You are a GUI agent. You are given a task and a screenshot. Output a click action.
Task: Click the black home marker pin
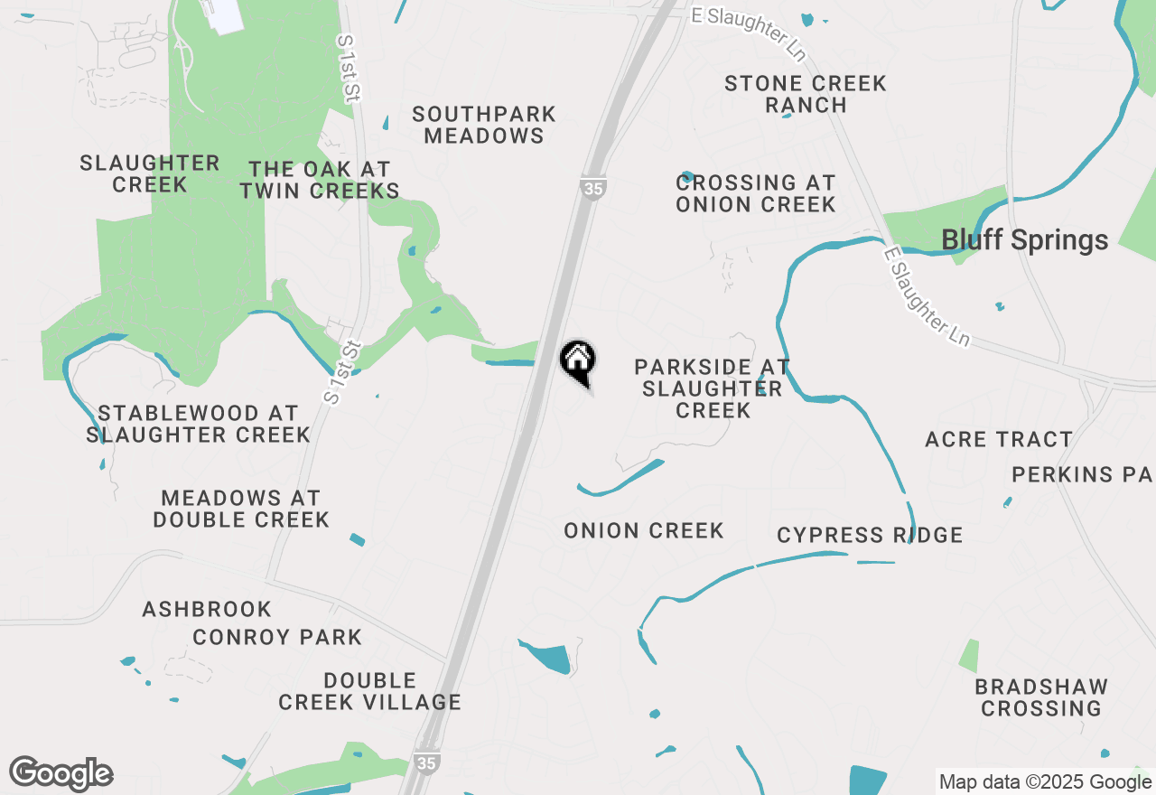click(x=578, y=361)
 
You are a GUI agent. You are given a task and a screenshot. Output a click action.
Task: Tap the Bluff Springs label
click(x=1024, y=240)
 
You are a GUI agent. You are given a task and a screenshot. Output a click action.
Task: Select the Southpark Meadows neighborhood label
click(x=484, y=126)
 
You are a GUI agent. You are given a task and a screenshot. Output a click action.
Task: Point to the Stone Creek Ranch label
click(x=806, y=94)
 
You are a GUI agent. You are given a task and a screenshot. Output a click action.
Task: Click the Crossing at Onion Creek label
click(x=756, y=193)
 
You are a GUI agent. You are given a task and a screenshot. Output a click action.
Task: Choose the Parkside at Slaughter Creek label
click(x=713, y=388)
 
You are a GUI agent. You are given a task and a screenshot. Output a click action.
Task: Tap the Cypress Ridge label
click(x=870, y=535)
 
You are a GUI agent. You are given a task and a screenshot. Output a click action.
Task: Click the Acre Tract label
click(x=999, y=440)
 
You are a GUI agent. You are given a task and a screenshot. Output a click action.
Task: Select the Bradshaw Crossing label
click(x=1041, y=697)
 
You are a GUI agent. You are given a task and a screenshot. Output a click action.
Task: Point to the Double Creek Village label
click(x=369, y=691)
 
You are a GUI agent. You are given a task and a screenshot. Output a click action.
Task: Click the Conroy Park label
click(x=277, y=637)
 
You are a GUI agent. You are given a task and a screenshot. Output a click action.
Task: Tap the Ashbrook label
click(x=207, y=610)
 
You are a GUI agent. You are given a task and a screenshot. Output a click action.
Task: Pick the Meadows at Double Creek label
click(x=241, y=509)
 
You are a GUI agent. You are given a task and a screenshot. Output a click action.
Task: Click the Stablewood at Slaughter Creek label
click(x=199, y=424)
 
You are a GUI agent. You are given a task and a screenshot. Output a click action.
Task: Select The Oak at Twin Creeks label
click(x=320, y=180)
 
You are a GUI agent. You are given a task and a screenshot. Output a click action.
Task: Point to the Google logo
click(x=61, y=774)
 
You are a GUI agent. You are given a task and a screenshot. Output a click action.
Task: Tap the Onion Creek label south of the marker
click(x=644, y=530)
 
